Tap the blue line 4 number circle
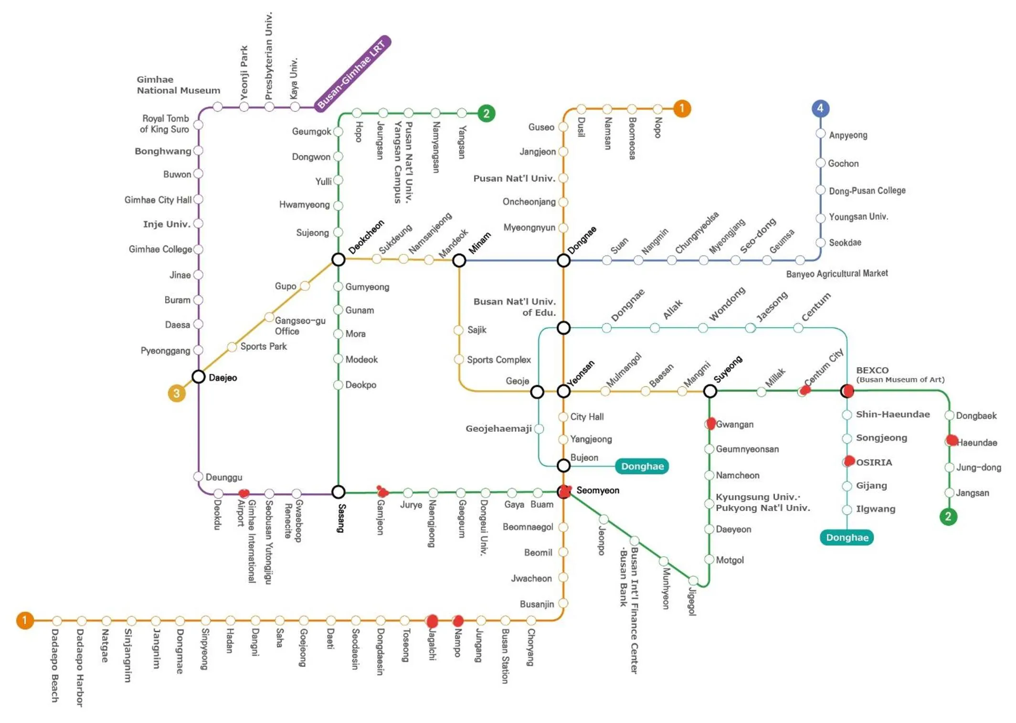(820, 109)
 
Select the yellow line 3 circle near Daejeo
(177, 393)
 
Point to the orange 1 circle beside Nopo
(682, 109)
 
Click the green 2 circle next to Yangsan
(486, 114)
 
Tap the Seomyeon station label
(597, 490)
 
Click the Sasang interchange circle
(339, 492)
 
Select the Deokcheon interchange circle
(339, 260)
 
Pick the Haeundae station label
(977, 443)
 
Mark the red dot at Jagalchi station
(432, 621)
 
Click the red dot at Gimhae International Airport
(243, 493)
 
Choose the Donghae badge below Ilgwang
(847, 538)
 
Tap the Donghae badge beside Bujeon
(642, 466)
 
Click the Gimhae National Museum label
(178, 85)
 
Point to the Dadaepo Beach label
(55, 666)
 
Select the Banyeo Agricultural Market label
(836, 274)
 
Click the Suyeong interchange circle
(710, 392)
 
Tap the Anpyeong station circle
(820, 134)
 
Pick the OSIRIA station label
(874, 462)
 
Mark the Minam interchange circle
(459, 261)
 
